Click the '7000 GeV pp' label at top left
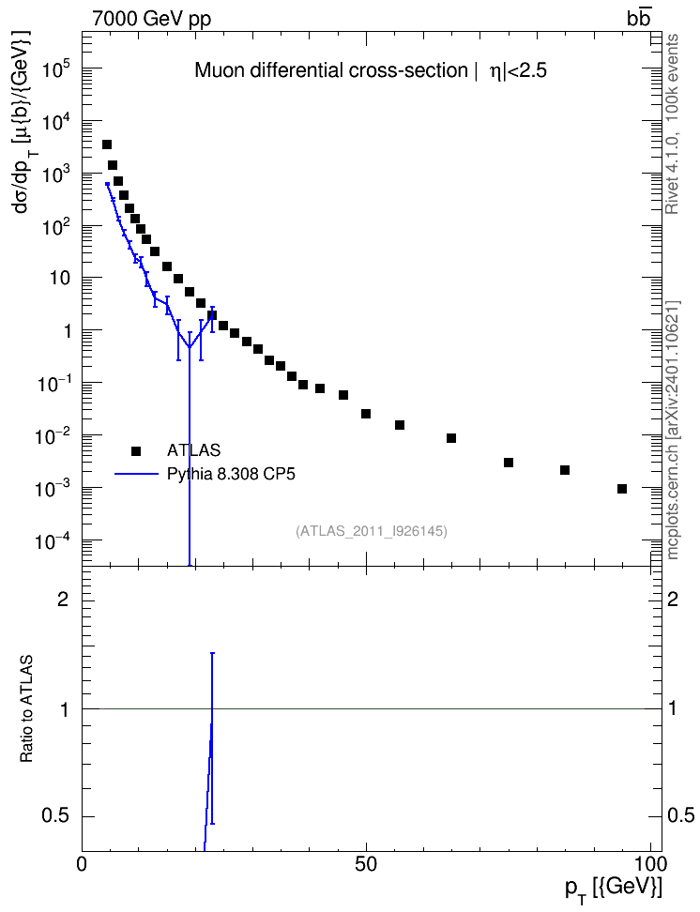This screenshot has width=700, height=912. tap(151, 19)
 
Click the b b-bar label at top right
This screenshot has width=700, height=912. tap(638, 18)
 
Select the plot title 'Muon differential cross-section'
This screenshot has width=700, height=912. tap(330, 70)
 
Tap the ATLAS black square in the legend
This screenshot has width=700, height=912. tap(136, 450)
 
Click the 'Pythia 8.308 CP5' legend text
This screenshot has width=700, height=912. tap(231, 474)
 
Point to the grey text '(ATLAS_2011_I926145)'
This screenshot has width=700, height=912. tap(372, 531)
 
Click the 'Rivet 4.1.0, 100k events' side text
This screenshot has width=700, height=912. tap(672, 124)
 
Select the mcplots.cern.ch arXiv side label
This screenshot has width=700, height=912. tap(673, 430)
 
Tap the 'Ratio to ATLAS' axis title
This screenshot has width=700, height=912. tap(26, 708)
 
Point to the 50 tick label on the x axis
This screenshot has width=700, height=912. tap(366, 864)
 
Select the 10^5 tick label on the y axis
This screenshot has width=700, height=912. tap(56, 70)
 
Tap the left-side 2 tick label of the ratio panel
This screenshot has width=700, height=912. tap(63, 599)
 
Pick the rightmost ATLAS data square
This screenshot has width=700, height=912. tap(622, 489)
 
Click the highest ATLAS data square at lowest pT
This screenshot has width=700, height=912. tap(107, 144)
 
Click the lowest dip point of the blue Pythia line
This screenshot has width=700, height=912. tap(190, 347)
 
